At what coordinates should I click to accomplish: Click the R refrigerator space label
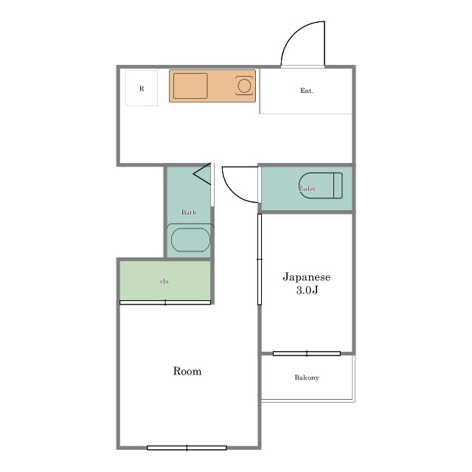[142, 88]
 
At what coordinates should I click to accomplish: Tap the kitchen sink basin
[190, 86]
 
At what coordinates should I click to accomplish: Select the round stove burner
[244, 86]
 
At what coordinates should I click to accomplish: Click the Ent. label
[307, 91]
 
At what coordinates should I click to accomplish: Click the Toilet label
[307, 189]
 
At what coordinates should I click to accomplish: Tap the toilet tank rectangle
[338, 186]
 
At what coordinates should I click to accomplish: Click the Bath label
[189, 212]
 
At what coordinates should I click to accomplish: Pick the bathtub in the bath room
[190, 240]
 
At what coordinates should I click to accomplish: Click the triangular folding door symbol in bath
[202, 174]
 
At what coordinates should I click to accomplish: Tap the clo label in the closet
[164, 282]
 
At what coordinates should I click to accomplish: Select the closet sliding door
[165, 302]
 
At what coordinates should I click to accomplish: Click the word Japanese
[307, 277]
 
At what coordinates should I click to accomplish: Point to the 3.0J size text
[307, 290]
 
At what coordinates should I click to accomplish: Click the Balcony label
[307, 378]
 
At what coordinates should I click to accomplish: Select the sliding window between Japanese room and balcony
[307, 354]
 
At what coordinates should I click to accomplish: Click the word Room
[187, 371]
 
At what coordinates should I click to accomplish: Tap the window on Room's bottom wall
[187, 448]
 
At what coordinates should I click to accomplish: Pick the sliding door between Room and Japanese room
[260, 259]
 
